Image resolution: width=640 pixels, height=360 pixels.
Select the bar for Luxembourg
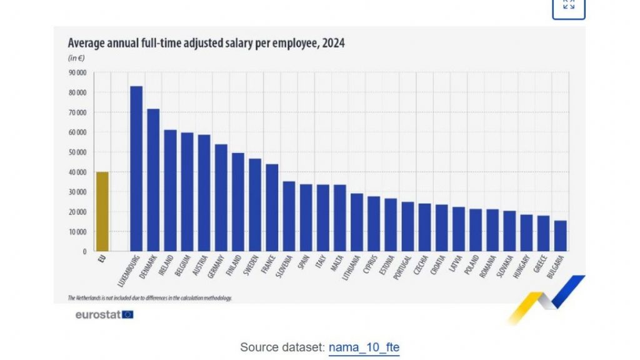136,169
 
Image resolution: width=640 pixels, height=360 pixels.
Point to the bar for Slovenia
289,216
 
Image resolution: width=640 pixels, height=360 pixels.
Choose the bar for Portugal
407,226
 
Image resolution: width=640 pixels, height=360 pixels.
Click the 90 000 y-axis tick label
78,72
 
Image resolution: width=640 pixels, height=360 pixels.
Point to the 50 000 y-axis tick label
78,152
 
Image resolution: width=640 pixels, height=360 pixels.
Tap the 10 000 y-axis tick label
78,232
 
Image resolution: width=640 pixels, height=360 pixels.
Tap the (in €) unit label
76,58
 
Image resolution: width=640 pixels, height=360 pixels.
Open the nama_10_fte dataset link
364,347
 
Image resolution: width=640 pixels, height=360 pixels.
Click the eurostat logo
104,314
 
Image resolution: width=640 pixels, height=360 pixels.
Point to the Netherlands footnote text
149,298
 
